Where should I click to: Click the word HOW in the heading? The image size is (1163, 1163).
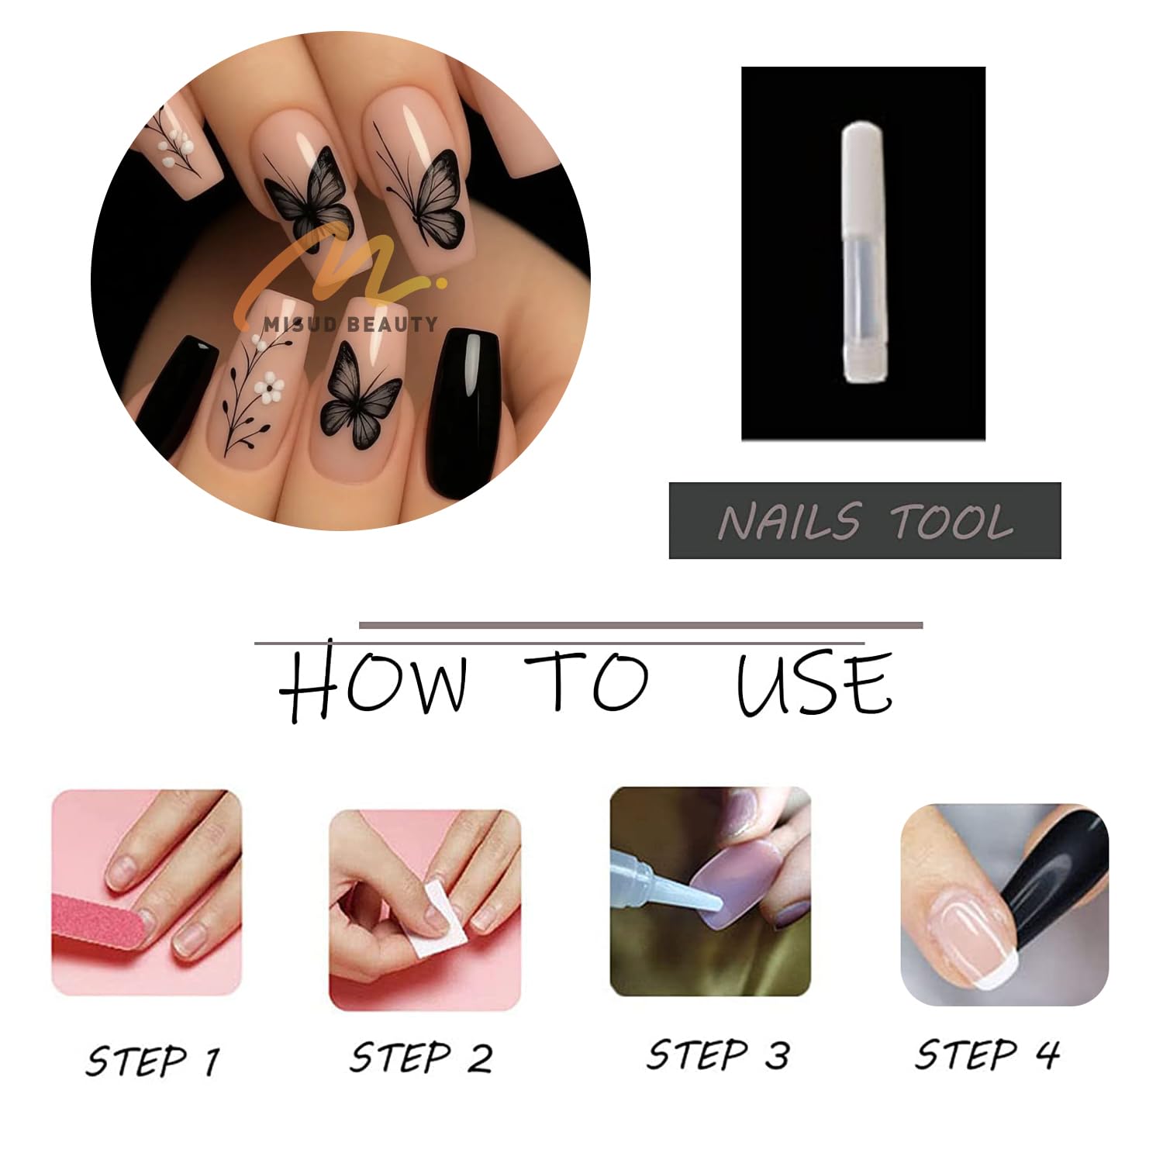pos(374,681)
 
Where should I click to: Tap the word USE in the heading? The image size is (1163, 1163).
pos(813,683)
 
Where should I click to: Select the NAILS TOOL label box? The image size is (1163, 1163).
pos(864,520)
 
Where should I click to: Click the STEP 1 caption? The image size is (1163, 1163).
pos(153,1060)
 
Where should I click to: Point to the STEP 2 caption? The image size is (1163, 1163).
pos(421,1058)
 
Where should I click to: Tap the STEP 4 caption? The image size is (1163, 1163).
pos(987,1054)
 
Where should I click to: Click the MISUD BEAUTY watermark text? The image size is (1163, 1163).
pos(350,324)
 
